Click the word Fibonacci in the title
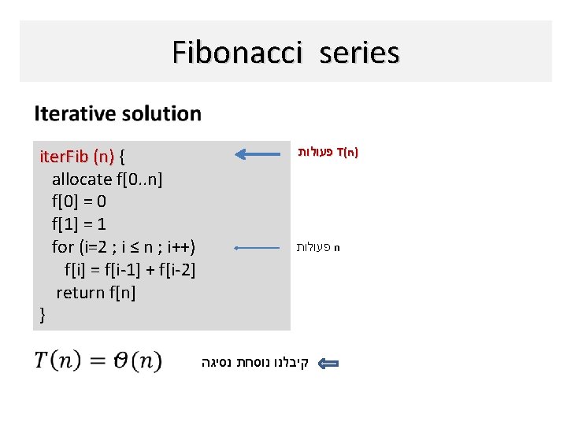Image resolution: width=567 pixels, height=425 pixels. tap(237, 53)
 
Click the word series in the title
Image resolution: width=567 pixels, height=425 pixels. tap(359, 53)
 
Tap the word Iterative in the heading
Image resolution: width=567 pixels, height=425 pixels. tap(72, 113)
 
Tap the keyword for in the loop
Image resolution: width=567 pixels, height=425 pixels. tap(62, 247)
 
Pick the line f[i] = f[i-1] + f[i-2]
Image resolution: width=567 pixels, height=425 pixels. tap(130, 270)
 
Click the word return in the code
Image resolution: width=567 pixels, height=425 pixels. tap(79, 293)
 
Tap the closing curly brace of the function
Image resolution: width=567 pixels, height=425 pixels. tap(43, 316)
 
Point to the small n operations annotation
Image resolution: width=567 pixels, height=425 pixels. tap(318, 247)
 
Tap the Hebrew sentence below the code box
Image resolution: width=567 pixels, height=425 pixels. tap(255, 363)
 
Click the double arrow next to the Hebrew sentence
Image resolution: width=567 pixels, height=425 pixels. tap(328, 364)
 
